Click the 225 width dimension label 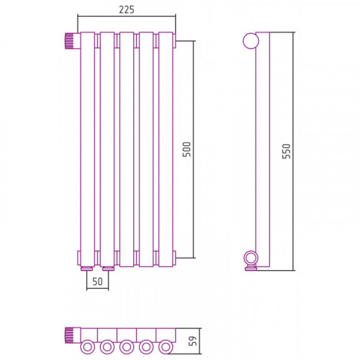coord(127,9)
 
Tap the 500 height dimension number coord(186,149)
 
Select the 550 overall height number coord(287,151)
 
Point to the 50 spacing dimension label coord(97,282)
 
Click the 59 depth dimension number coord(193,341)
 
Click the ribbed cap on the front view coord(69,41)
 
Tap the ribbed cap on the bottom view coord(69,335)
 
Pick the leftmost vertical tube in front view coord(88,149)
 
